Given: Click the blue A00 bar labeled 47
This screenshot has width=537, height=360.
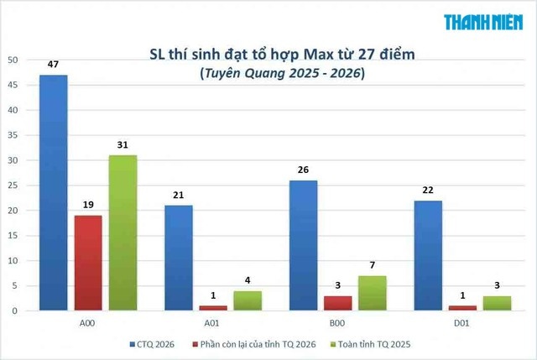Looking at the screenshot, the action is click(x=54, y=193).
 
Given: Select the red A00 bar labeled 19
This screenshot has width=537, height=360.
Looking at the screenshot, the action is click(x=88, y=263).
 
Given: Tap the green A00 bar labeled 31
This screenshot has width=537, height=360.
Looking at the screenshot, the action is click(x=123, y=233).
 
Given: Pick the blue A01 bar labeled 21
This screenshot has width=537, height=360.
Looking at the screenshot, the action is click(x=179, y=258).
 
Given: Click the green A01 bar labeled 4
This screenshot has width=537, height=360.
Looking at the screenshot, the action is click(x=248, y=300).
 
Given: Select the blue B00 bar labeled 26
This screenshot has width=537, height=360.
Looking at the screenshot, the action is click(x=303, y=246).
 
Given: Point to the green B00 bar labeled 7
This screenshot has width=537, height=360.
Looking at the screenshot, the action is click(x=373, y=293).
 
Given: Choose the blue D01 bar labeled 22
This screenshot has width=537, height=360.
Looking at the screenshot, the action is click(x=428, y=256).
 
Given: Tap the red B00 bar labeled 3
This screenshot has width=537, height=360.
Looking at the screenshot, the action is click(x=337, y=304).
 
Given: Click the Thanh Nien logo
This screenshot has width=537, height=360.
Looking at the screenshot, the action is click(x=483, y=23).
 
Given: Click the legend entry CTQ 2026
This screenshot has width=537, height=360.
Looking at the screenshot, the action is click(x=152, y=344).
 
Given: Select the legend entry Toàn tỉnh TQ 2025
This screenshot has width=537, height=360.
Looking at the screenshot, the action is click(x=371, y=344).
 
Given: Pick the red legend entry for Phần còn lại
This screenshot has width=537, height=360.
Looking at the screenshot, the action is click(x=254, y=344).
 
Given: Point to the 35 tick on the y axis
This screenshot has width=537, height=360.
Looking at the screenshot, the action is click(x=13, y=135).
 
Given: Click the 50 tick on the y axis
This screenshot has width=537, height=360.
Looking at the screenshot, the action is click(x=13, y=60).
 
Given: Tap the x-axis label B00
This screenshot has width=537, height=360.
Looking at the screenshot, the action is click(x=337, y=323).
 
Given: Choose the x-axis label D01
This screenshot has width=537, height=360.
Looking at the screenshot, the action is click(x=461, y=323).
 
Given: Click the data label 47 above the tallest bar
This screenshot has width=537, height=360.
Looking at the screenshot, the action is click(x=53, y=65).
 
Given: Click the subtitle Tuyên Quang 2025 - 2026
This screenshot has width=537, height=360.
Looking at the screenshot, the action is click(x=283, y=73).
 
